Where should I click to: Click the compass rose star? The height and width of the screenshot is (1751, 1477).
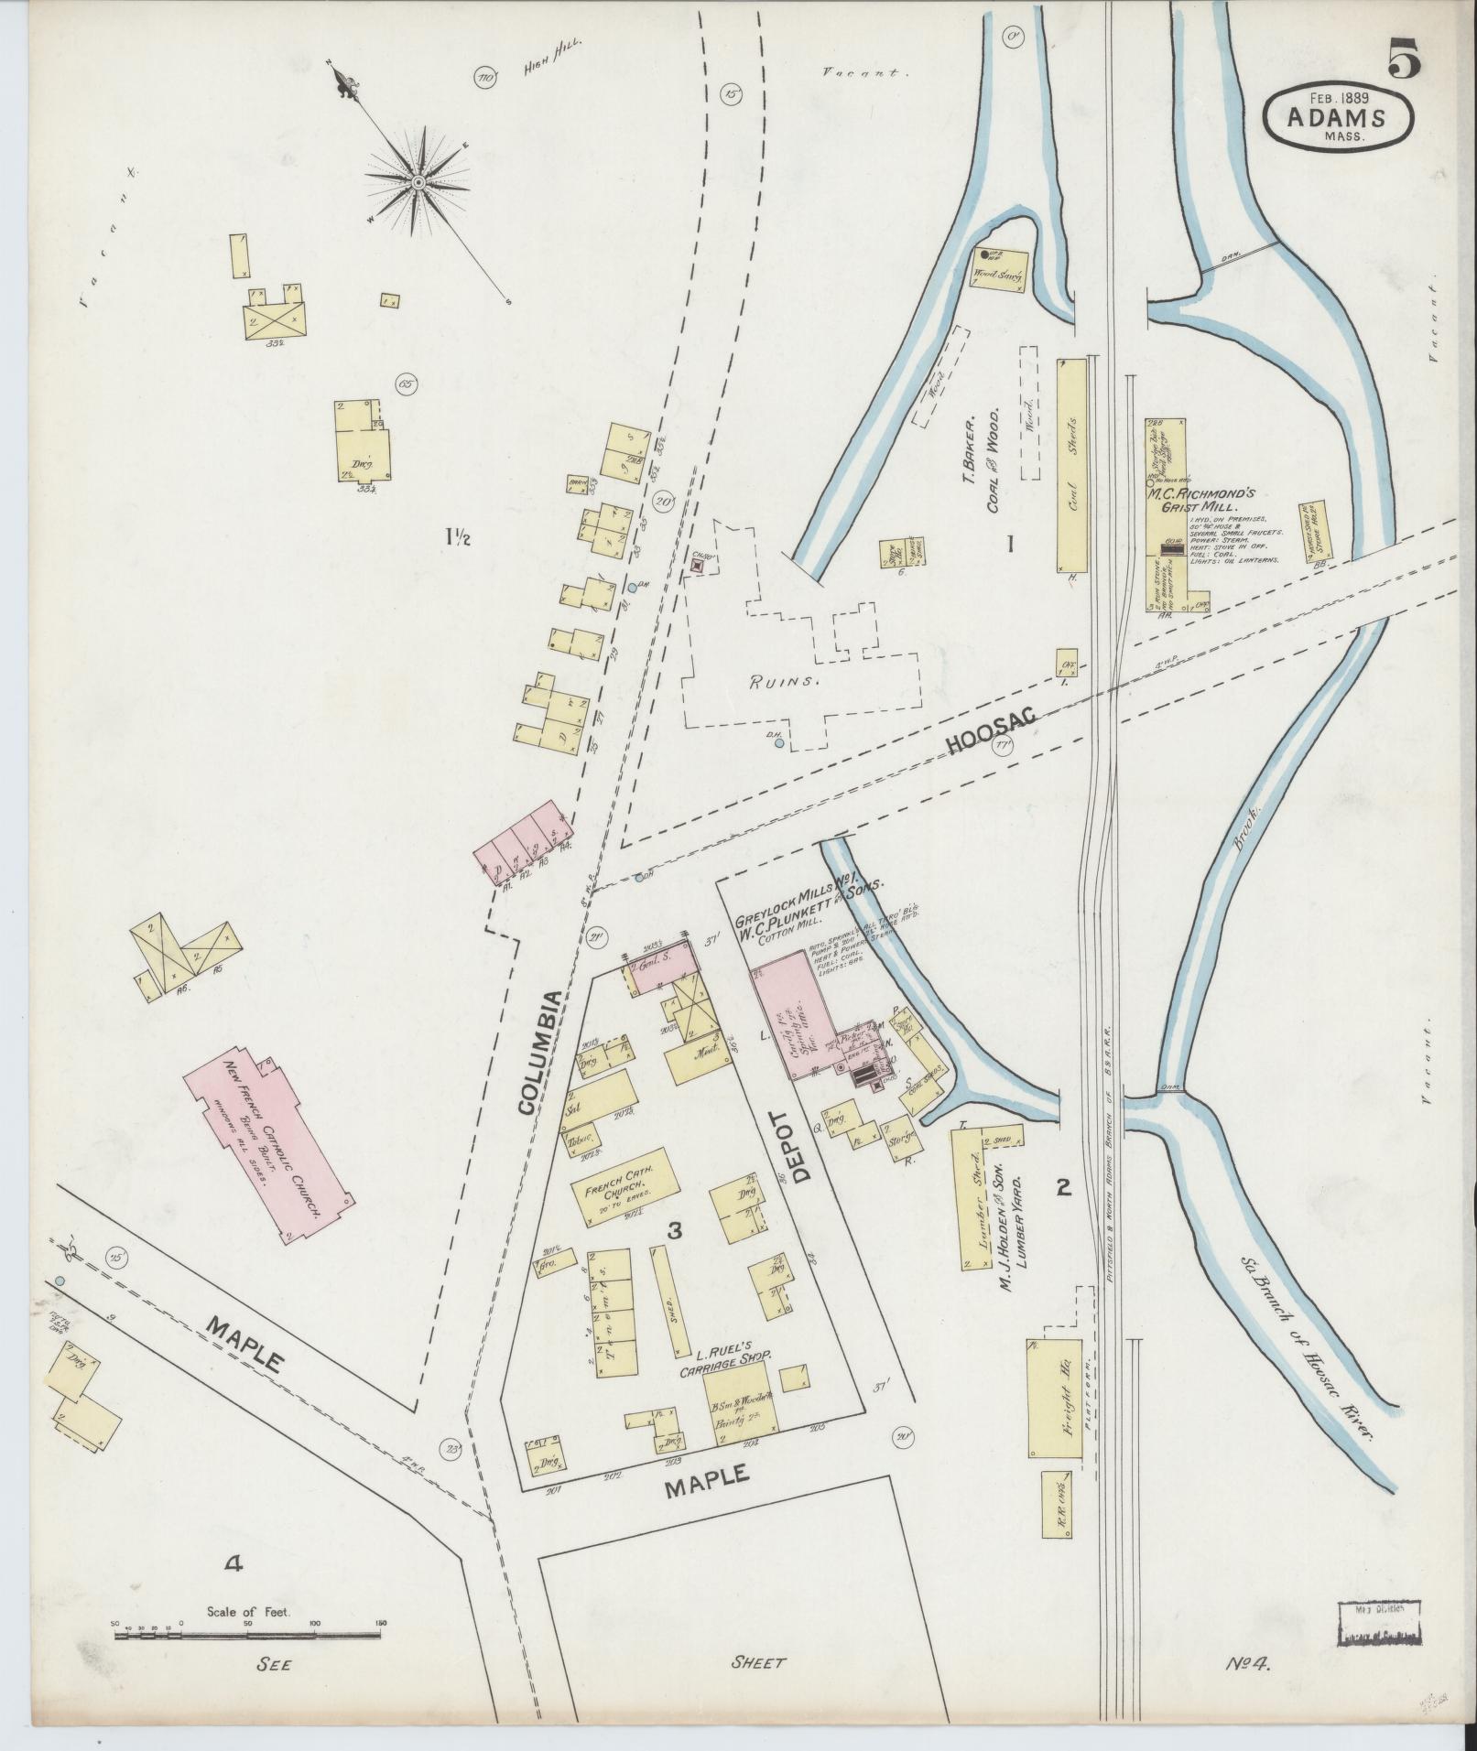pyautogui.click(x=418, y=182)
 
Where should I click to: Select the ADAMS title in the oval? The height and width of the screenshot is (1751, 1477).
pyautogui.click(x=1338, y=117)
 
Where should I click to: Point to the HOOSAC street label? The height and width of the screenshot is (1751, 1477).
pyautogui.click(x=992, y=731)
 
